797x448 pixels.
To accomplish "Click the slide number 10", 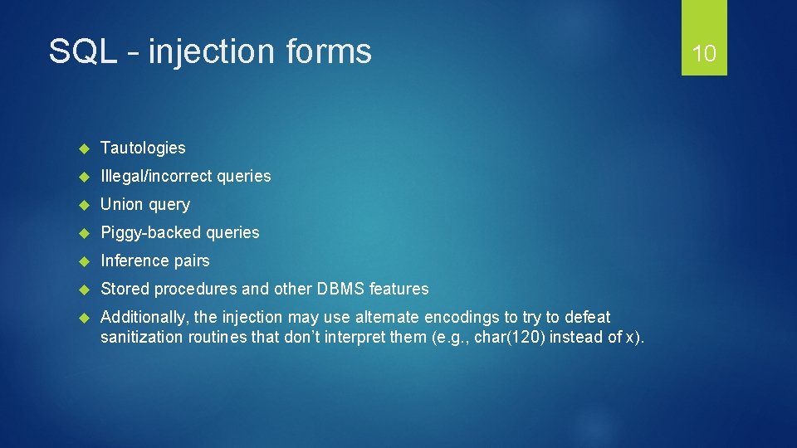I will [704, 54].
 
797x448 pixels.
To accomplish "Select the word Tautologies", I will [143, 148].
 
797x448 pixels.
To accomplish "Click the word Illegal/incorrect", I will [155, 176].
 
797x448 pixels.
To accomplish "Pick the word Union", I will [121, 204].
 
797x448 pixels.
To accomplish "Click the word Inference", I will [134, 261].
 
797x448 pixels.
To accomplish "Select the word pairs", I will [192, 261].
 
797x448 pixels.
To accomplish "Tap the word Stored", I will [125, 289].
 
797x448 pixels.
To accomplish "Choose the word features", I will [399, 289].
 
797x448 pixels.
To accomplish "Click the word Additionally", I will [144, 317].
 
